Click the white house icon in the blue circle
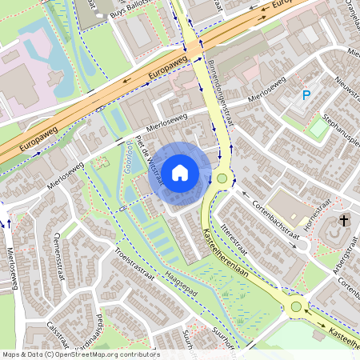coord(180,171)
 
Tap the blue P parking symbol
coord(306,96)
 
